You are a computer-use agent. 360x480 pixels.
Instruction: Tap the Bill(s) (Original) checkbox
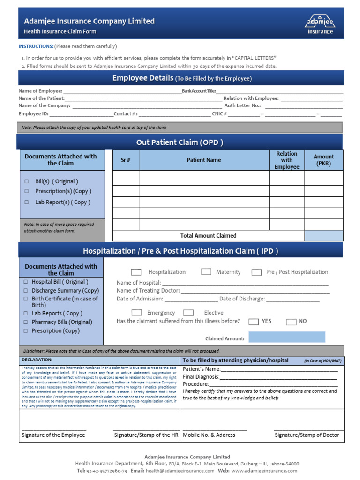point(27,181)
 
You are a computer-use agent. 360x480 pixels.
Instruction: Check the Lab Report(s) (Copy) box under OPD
point(27,202)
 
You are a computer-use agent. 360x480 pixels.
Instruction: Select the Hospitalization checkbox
point(136,272)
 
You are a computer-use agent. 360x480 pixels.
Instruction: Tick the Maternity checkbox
point(206,272)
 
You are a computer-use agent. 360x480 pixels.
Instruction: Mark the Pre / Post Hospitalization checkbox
point(256,272)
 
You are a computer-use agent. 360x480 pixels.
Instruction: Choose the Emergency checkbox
point(136,313)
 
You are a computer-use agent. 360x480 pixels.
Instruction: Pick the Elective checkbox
point(188,313)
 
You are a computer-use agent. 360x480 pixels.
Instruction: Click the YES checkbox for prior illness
point(254,322)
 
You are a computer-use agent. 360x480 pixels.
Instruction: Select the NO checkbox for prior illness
point(291,322)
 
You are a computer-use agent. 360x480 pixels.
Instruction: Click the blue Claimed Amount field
point(286,337)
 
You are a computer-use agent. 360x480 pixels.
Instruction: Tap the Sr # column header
point(126,160)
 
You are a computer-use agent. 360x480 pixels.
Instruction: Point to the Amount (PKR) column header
point(323,160)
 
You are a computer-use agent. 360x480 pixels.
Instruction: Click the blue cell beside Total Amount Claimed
point(323,235)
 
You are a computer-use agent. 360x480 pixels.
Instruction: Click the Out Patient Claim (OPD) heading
point(180,142)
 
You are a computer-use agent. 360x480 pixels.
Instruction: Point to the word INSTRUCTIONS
point(36,46)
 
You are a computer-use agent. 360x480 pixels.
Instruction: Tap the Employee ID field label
point(33,114)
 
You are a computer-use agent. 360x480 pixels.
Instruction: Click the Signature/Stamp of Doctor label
point(307,435)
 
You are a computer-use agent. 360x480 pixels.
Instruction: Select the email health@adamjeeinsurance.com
point(180,471)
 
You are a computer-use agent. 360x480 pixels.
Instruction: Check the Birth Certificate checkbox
point(26,299)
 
